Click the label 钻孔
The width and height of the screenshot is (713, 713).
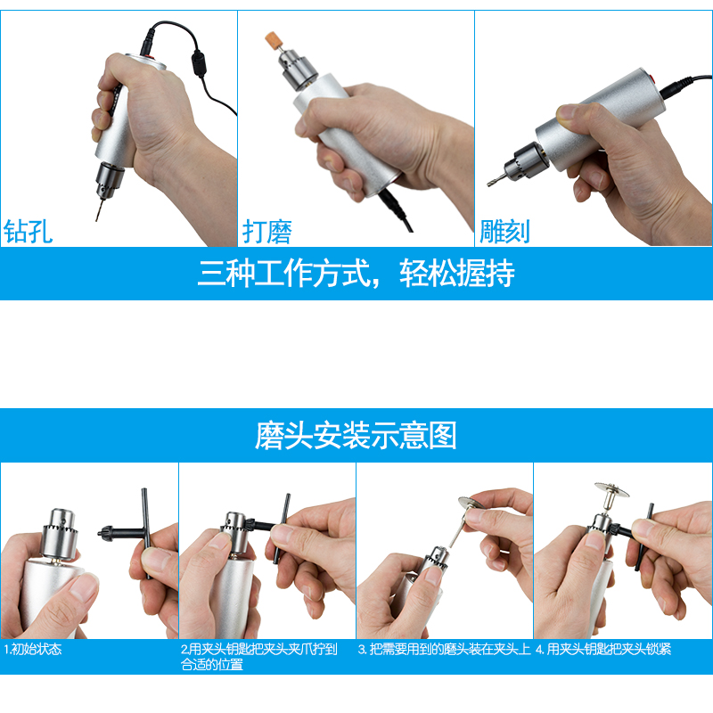point(29,231)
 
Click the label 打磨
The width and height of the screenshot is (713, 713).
point(267,231)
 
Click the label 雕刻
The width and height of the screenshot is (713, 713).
point(504,231)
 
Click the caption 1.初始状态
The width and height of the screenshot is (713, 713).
point(34,650)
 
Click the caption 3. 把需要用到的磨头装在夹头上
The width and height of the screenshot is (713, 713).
point(444,650)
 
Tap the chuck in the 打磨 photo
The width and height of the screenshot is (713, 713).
point(293,75)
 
